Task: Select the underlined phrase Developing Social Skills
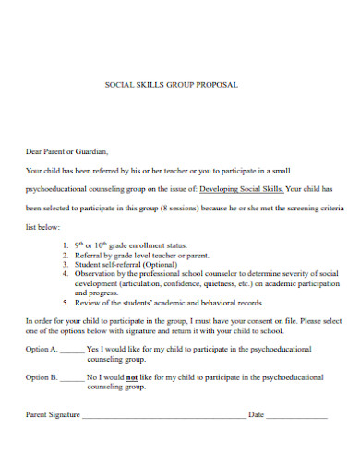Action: click(x=242, y=187)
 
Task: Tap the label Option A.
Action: click(x=42, y=350)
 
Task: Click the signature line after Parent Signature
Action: click(x=162, y=417)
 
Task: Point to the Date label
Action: click(x=256, y=414)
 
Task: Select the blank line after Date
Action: click(x=297, y=417)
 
